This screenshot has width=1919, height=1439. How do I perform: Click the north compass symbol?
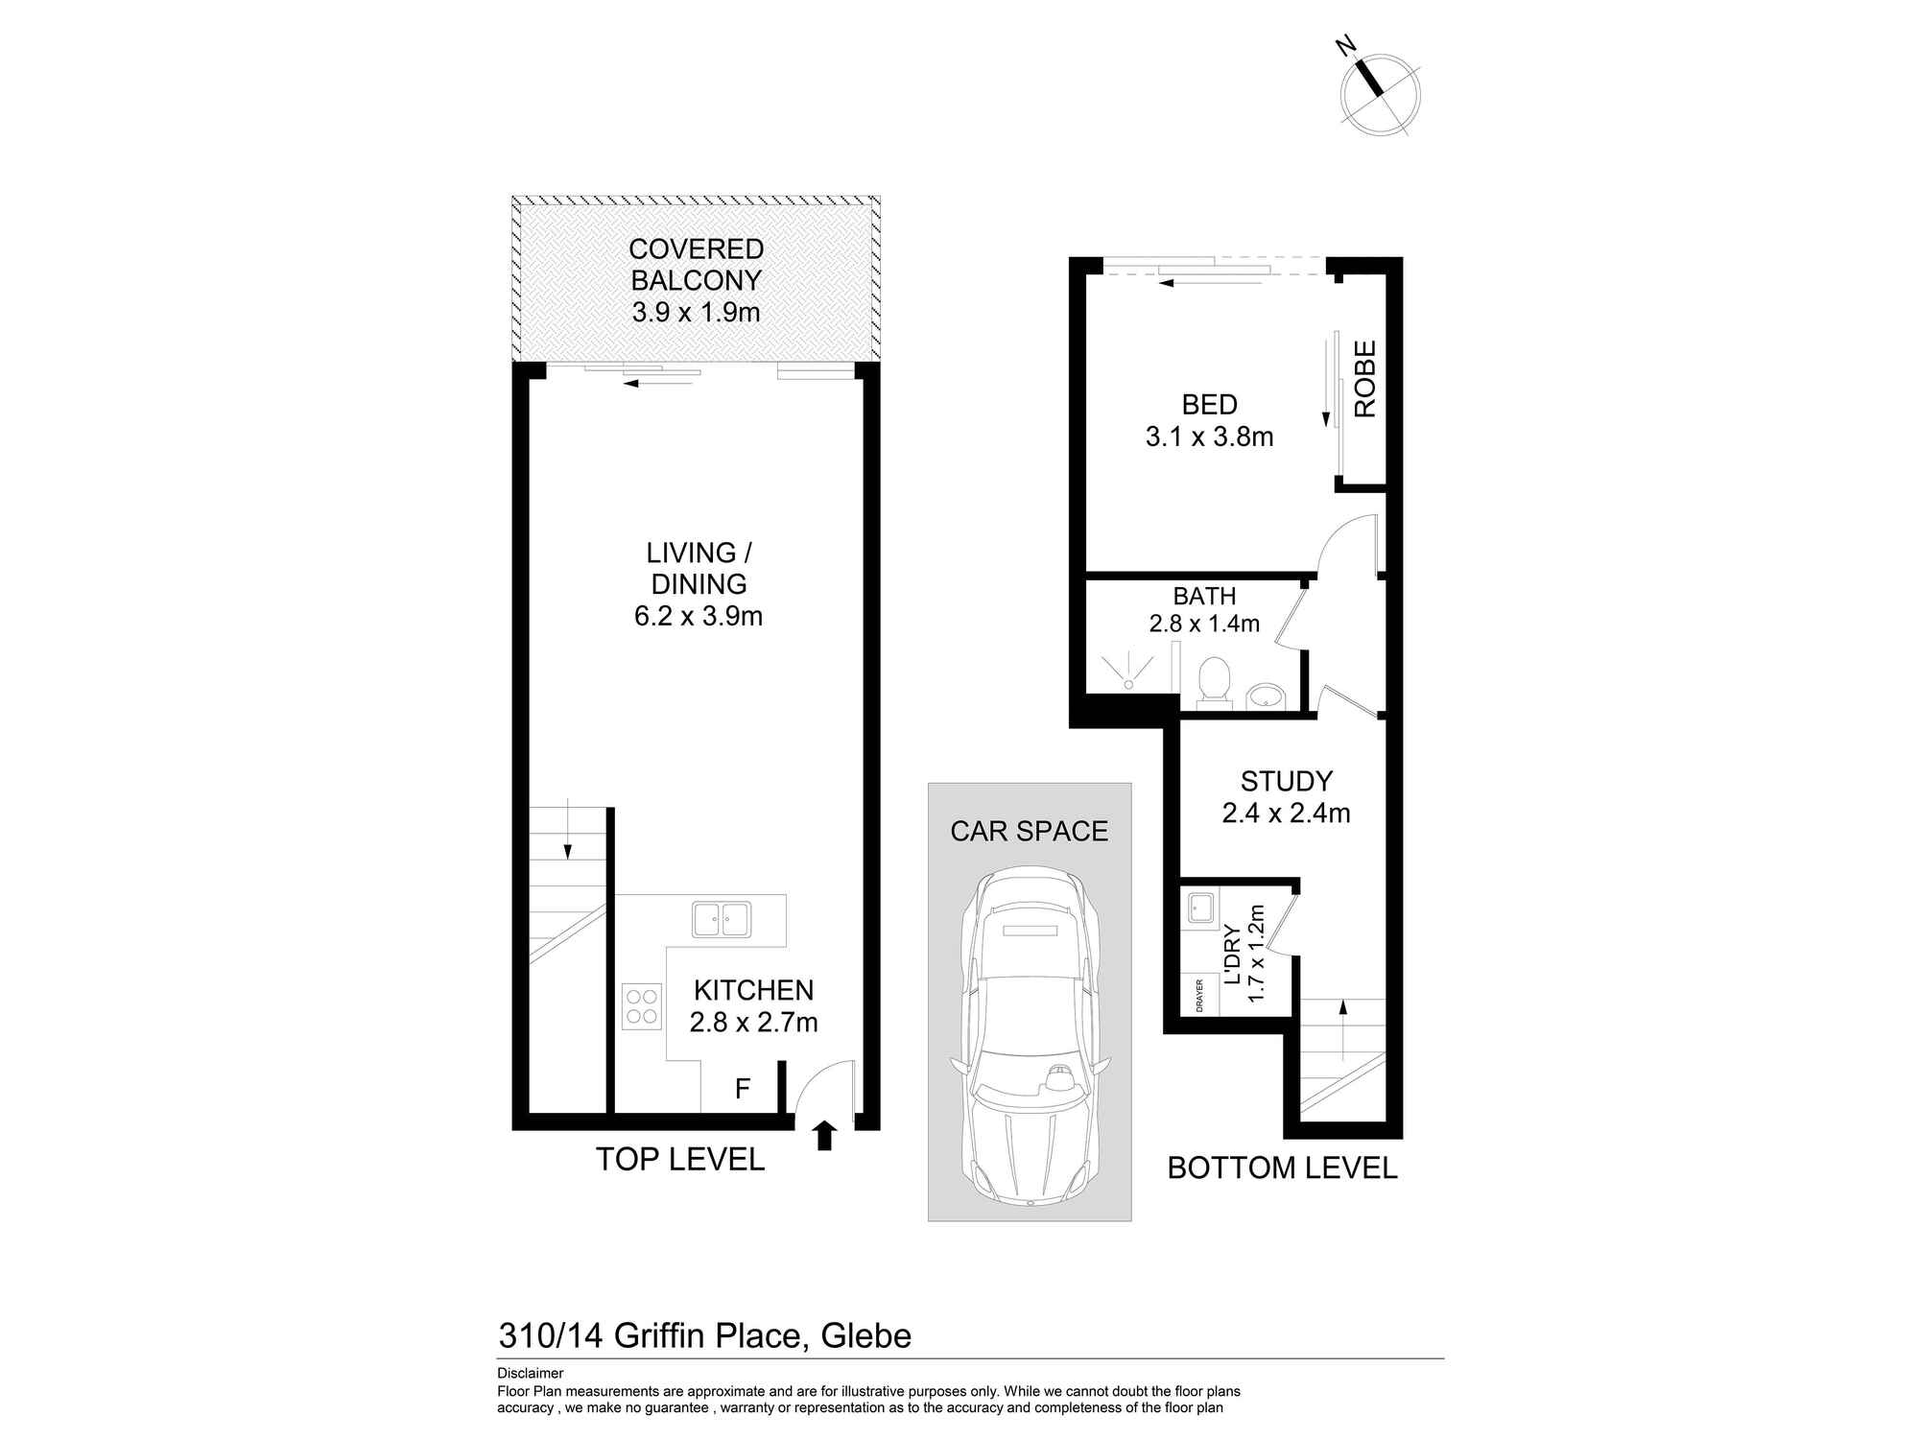coord(1379,94)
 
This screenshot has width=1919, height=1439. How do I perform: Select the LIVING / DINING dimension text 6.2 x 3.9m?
coord(699,616)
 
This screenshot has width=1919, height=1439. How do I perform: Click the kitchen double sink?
coord(722,919)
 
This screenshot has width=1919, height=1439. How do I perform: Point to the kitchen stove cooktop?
coord(641,1006)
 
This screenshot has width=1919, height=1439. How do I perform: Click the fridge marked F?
coord(742,1089)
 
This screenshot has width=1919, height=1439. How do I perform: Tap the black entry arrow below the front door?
coord(824,1136)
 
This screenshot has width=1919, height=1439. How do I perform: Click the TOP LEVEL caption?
coord(680,1160)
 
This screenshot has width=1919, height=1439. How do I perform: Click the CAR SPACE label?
coord(1029,831)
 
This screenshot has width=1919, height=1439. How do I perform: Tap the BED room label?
coord(1209,405)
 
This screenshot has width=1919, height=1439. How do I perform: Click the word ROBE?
coord(1364,379)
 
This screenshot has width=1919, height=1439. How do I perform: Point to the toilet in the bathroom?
coord(1215,680)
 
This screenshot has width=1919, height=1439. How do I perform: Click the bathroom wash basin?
coord(1265,695)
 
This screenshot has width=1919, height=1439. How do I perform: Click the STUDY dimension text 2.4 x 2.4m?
coord(1286,814)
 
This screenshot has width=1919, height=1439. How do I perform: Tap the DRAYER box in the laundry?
coord(1199,996)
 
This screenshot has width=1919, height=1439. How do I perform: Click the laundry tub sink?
coord(1199,908)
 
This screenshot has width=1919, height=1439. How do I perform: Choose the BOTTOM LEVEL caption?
coord(1282,1168)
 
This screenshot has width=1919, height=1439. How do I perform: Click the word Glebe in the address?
coord(866,1335)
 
